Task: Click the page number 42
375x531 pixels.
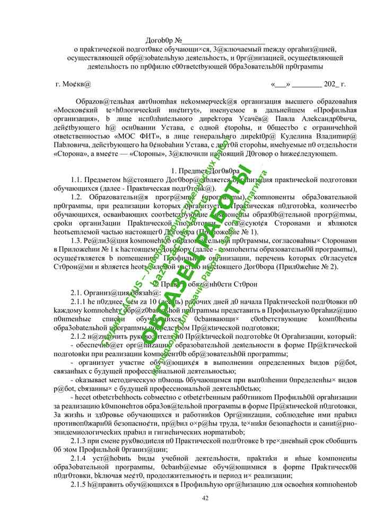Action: (x=206, y=498)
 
